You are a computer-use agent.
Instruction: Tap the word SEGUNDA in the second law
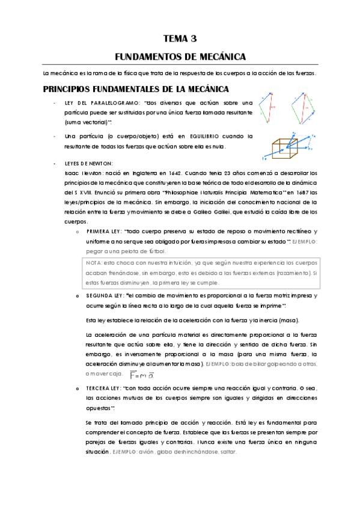tap(100, 296)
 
